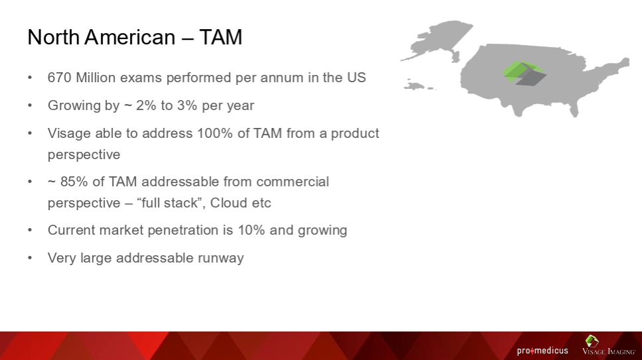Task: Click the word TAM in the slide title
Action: click(x=221, y=37)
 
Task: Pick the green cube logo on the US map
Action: click(x=524, y=73)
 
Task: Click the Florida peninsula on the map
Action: click(x=574, y=107)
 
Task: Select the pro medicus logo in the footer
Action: click(x=543, y=351)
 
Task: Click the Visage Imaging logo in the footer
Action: click(x=609, y=345)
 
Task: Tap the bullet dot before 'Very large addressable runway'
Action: click(x=30, y=258)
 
